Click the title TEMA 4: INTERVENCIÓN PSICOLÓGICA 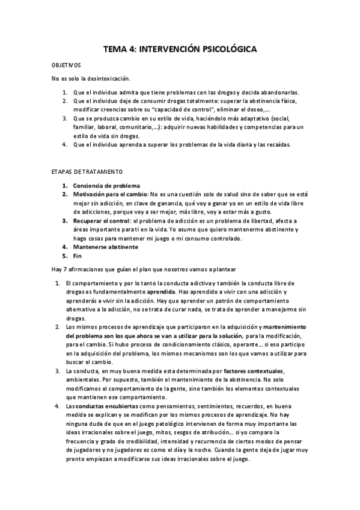[180, 50]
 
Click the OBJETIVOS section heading [66, 65]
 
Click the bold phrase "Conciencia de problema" [106, 185]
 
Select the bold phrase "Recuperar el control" [103, 221]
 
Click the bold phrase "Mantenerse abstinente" [105, 247]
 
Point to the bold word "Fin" [78, 256]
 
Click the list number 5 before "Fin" [65, 256]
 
